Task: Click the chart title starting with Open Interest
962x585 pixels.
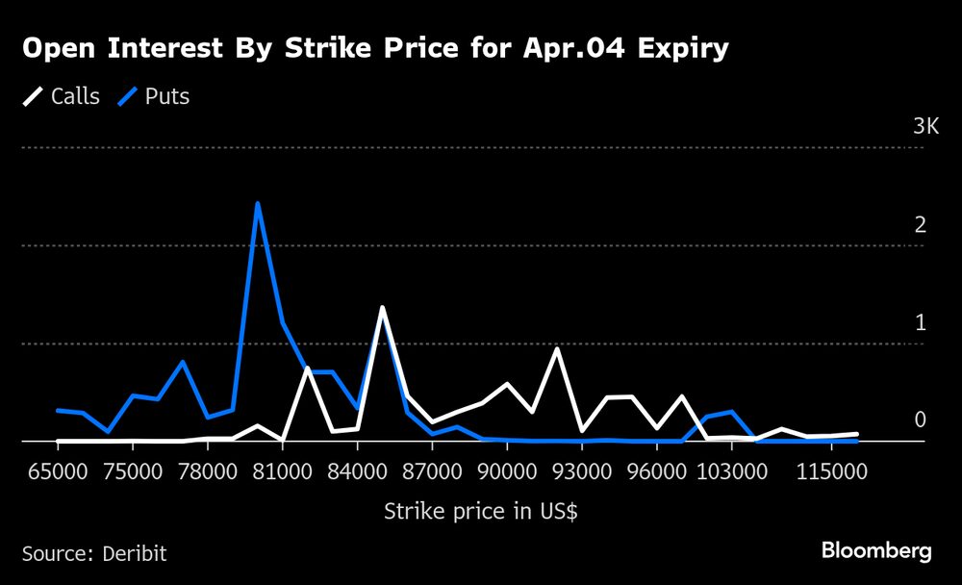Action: click(x=374, y=50)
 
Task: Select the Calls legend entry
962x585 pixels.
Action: click(x=63, y=96)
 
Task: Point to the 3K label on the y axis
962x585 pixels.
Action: click(x=925, y=127)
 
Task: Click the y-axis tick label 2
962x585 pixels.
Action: click(x=921, y=225)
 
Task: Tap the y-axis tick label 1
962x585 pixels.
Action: click(x=921, y=323)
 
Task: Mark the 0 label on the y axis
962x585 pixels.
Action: click(x=921, y=420)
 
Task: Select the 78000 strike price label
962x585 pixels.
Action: click(x=207, y=471)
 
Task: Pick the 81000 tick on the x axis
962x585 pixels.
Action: click(x=282, y=471)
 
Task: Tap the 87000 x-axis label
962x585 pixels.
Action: click(x=432, y=471)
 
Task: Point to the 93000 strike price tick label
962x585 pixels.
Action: click(x=582, y=471)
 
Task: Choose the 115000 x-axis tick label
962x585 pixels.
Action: click(x=831, y=471)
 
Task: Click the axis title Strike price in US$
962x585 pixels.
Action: click(x=481, y=511)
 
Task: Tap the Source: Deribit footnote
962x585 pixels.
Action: click(x=94, y=553)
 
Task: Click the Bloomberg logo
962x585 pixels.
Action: click(x=876, y=551)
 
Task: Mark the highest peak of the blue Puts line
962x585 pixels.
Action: click(x=257, y=204)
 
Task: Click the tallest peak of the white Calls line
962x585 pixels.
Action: click(x=382, y=308)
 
